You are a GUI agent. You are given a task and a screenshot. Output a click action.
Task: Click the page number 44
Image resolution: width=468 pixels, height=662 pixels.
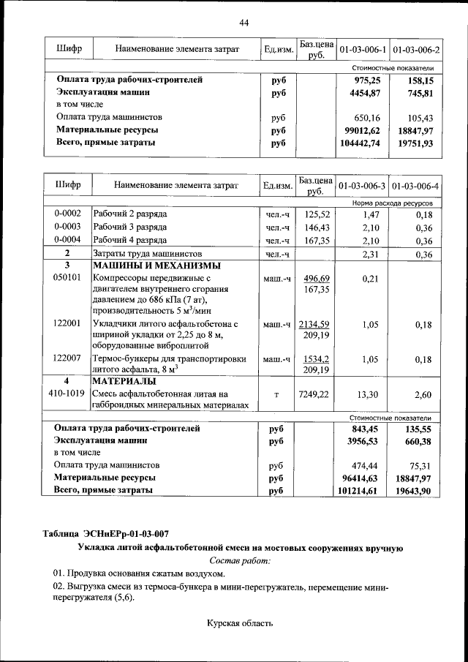[244, 23]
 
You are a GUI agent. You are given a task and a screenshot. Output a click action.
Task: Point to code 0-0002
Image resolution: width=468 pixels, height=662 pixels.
[67, 214]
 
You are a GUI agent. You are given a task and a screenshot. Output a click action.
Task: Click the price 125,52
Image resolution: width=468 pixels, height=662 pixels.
[317, 214]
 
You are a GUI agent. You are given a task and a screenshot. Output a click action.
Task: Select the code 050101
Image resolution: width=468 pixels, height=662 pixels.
[67, 278]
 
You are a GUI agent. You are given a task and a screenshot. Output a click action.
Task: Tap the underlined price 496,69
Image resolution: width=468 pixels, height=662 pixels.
[317, 278]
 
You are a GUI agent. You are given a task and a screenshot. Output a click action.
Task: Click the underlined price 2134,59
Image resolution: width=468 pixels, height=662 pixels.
[317, 324]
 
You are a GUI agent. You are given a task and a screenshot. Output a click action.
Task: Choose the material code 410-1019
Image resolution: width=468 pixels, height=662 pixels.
[67, 394]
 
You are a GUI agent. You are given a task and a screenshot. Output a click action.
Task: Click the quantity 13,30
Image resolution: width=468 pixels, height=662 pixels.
[363, 394]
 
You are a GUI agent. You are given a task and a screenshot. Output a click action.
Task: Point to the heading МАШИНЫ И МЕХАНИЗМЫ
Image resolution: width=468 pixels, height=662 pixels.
[156, 266]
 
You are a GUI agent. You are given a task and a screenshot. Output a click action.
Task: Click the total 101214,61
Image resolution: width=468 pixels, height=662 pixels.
[360, 491]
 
